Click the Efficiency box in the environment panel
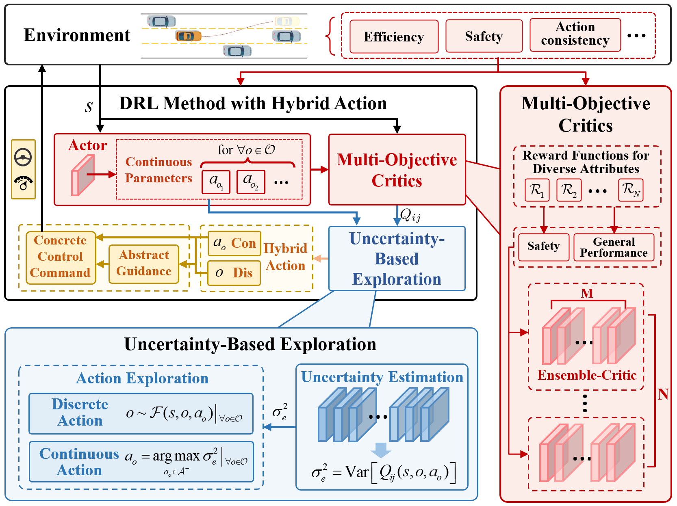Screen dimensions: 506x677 [393, 37]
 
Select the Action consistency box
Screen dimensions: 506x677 [575, 35]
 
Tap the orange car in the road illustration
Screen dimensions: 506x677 [188, 36]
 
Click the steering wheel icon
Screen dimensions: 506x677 [23, 157]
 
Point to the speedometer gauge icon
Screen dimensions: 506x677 [23, 183]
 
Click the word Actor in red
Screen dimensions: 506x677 [87, 145]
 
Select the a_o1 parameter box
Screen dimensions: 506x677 [216, 182]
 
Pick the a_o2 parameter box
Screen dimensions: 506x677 [251, 182]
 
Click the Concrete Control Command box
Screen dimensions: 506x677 [61, 257]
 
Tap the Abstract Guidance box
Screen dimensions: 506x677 [144, 264]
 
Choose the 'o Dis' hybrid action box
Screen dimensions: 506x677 [234, 273]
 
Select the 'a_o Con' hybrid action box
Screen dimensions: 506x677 [234, 243]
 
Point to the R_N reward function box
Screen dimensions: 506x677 [631, 190]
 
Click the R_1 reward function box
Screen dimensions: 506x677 [537, 190]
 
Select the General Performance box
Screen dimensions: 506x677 [614, 247]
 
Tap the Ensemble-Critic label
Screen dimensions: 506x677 [587, 375]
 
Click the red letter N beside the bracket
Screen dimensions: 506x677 [663, 394]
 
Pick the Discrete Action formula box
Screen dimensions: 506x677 [141, 413]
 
